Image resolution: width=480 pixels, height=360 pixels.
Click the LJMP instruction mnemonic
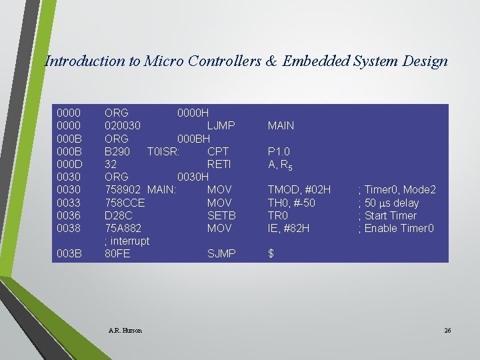[x=221, y=125]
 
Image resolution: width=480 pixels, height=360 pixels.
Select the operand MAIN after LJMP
[x=281, y=125]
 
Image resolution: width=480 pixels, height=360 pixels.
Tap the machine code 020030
[x=122, y=125]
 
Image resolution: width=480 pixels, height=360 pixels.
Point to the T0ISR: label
[x=163, y=151]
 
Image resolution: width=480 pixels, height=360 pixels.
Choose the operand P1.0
[x=279, y=151]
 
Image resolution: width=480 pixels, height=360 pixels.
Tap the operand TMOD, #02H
[x=299, y=190]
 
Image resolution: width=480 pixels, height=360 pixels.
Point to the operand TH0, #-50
[x=291, y=203]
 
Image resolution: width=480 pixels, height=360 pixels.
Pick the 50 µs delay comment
[x=391, y=203]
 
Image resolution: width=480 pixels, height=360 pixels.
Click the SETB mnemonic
[x=221, y=215]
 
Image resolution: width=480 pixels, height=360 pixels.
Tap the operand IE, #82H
[x=289, y=228]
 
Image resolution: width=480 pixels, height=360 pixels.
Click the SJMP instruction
[x=221, y=254]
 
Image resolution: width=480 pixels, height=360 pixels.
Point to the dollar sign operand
[x=271, y=254]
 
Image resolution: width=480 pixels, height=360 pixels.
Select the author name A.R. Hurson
[x=124, y=330]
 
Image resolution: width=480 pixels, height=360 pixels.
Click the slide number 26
[x=447, y=330]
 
